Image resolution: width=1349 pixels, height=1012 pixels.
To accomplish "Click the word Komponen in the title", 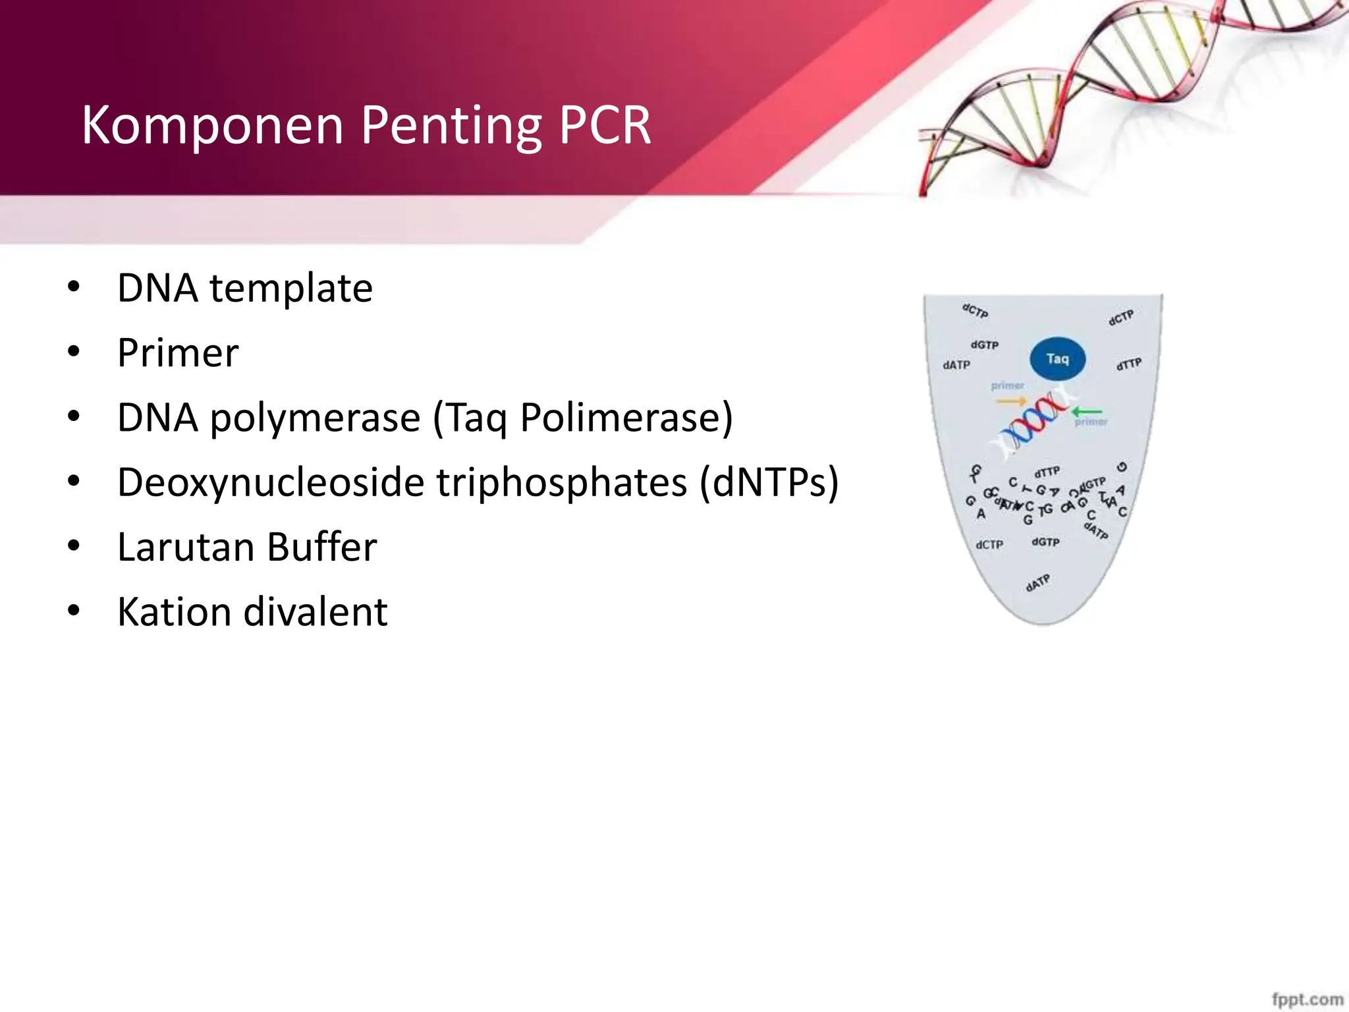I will click(x=212, y=125).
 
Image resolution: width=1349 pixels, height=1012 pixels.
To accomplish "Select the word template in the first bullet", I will click(x=290, y=289).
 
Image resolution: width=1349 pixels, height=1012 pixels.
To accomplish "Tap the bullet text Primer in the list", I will click(x=178, y=353).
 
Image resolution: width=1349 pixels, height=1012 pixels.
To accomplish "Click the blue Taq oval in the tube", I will click(x=1057, y=359).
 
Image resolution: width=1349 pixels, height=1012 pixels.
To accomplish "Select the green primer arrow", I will click(x=1086, y=412).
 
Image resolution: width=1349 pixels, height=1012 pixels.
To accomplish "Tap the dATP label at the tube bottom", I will click(x=1037, y=583).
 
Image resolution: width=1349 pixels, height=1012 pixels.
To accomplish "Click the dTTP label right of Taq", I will click(x=1129, y=364).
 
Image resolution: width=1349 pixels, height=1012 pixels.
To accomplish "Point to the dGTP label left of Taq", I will click(x=984, y=345).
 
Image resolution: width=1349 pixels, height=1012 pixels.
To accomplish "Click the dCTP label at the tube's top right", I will click(x=1121, y=318).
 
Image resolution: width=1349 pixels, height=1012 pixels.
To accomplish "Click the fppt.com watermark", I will click(x=1307, y=999).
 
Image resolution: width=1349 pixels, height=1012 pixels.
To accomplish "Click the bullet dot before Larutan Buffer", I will click(x=73, y=546).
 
